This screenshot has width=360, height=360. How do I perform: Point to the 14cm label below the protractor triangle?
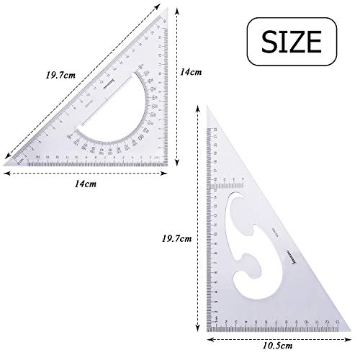click(86, 184)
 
